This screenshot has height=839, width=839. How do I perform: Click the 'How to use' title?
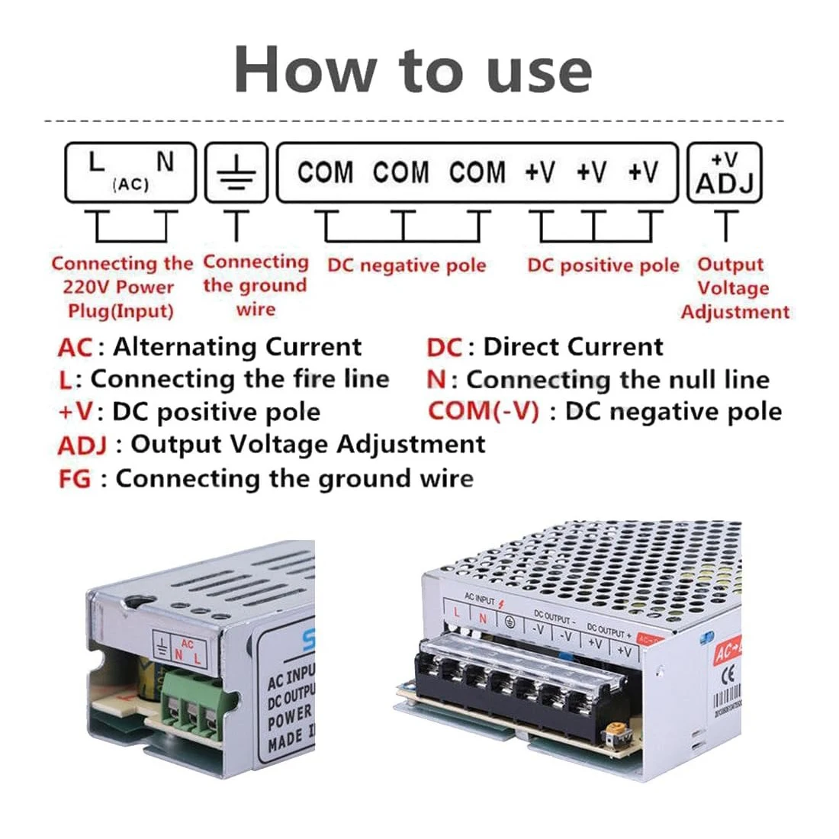tap(413, 70)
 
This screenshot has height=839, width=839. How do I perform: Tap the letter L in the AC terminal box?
tap(95, 162)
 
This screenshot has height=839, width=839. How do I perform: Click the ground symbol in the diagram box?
tap(237, 173)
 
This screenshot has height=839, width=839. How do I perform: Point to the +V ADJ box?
tap(724, 173)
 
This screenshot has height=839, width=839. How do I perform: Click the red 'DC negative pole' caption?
tap(407, 265)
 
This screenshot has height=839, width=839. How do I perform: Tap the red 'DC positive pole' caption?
tap(603, 265)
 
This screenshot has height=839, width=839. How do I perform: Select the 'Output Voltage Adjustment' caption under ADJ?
tap(733, 288)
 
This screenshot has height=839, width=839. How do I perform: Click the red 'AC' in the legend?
tap(75, 348)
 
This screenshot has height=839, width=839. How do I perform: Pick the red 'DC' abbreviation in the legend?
tap(444, 348)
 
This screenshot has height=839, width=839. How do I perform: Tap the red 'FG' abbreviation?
tap(74, 480)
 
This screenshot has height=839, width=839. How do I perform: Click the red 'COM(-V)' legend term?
tap(483, 412)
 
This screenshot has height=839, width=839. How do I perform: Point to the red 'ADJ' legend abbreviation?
tap(82, 445)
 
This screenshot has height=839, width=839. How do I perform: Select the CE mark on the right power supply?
tap(727, 676)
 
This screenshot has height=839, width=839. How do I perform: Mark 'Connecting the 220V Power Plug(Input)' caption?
tap(121, 288)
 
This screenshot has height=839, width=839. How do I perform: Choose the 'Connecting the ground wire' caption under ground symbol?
tap(256, 286)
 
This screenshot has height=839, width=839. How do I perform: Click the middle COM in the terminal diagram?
tap(400, 172)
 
